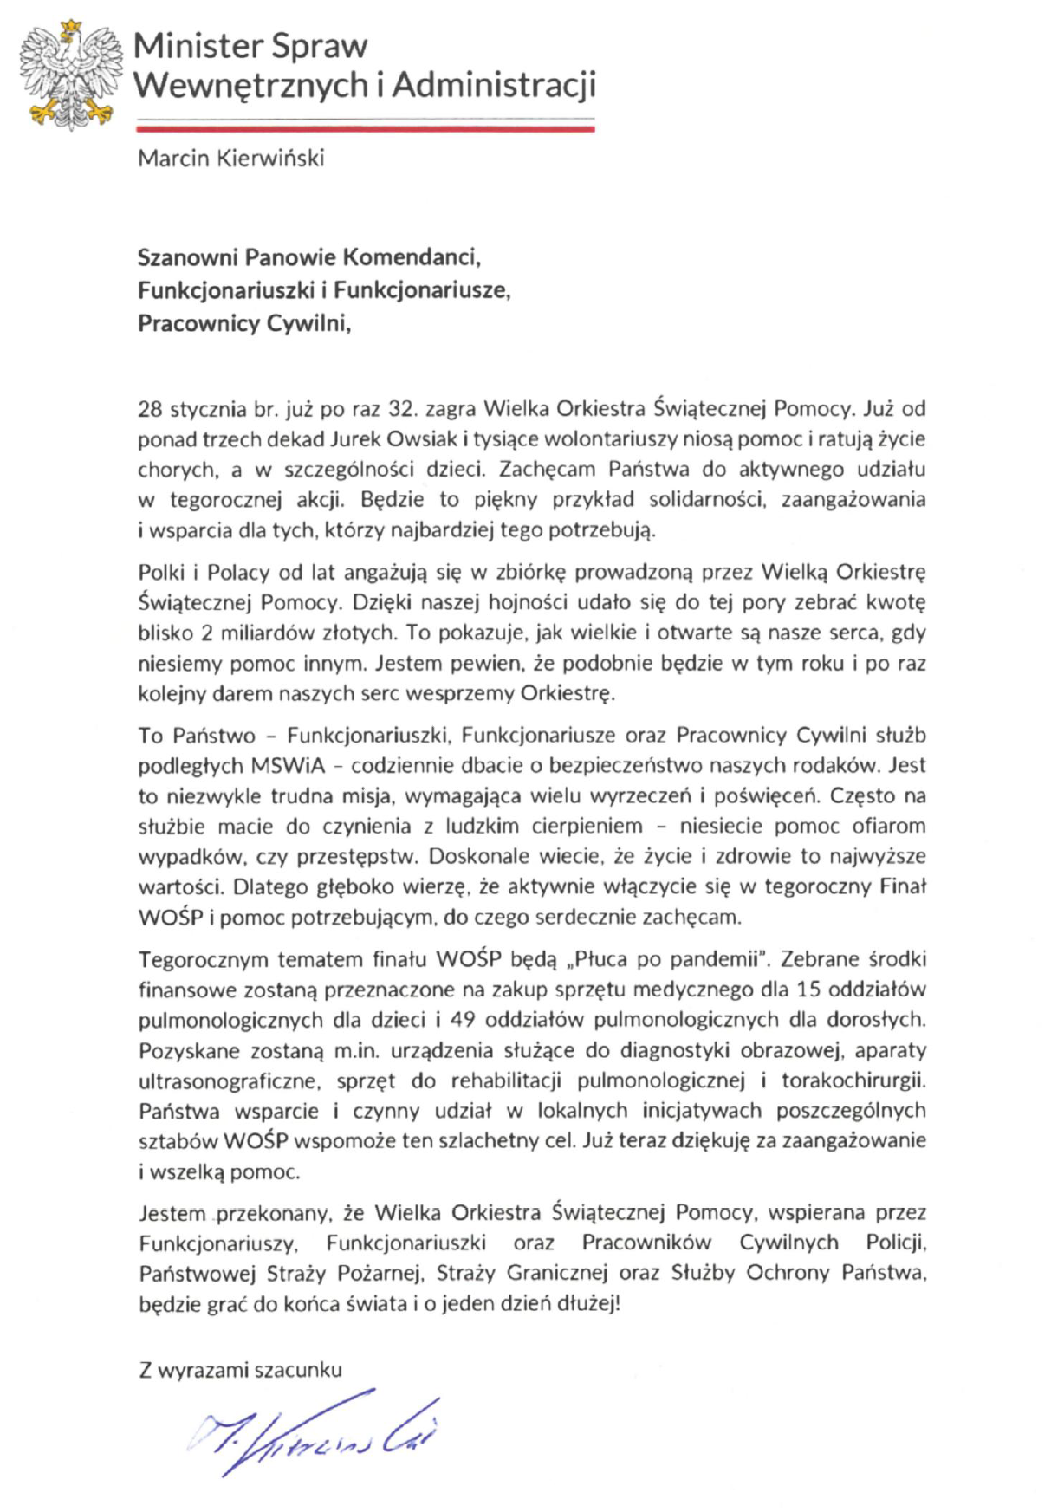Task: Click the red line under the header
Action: click(x=365, y=128)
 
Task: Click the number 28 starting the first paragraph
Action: click(x=151, y=409)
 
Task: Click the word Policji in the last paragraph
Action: click(x=896, y=1243)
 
